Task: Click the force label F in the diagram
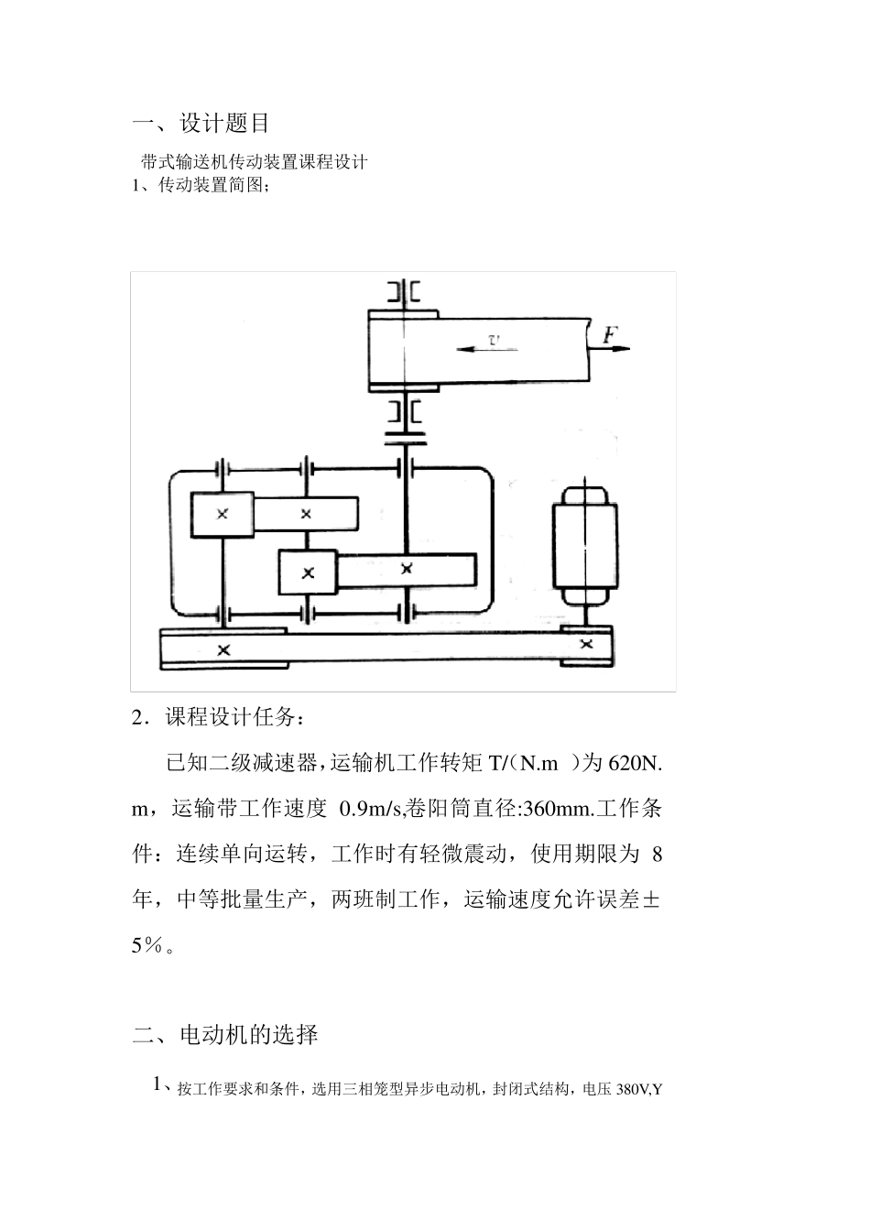pos(609,335)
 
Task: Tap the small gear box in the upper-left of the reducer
pos(222,514)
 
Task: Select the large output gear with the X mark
pos(408,570)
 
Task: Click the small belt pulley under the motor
pos(586,644)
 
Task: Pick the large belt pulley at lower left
pos(223,649)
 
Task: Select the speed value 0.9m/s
pos(371,809)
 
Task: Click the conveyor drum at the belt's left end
pos(403,349)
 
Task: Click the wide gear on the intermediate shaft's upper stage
pos(306,514)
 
